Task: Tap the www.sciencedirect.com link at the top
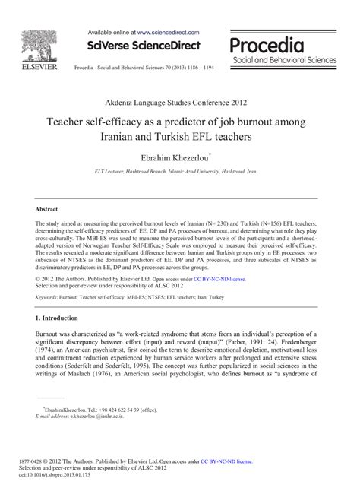[x=168, y=33]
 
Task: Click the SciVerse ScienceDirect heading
[x=143, y=48]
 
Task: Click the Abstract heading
[x=49, y=207]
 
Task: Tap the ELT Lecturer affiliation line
[x=179, y=175]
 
